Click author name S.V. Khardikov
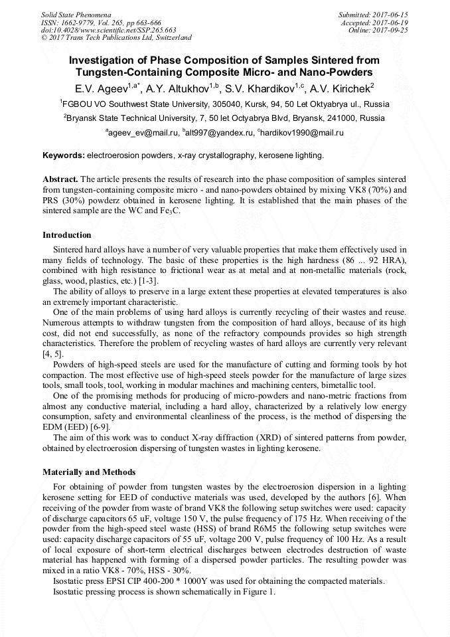(262, 87)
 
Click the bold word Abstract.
(60, 180)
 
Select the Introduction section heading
(67, 235)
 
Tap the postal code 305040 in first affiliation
(216, 104)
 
